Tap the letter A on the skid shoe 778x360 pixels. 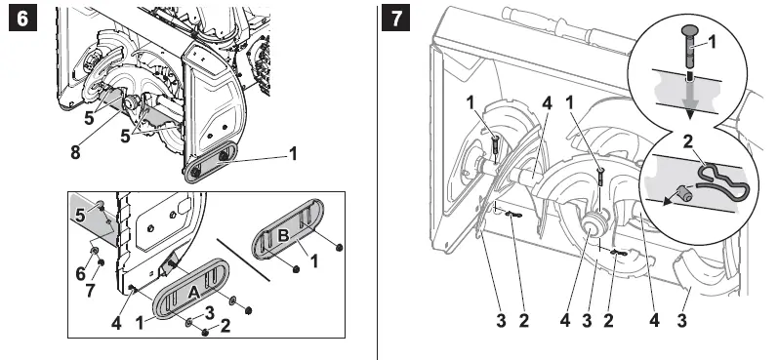coord(193,292)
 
